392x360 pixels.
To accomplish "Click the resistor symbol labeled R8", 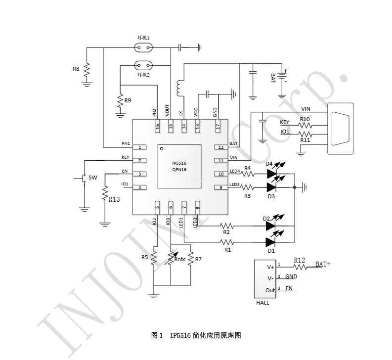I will [x=87, y=70].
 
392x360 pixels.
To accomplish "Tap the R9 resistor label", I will [x=128, y=100].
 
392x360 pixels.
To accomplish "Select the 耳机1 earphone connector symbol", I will [x=143, y=48].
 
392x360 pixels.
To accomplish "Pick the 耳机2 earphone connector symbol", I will [x=143, y=65].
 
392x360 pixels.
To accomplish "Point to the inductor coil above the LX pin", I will [x=179, y=88].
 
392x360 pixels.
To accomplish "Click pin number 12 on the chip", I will [x=221, y=147].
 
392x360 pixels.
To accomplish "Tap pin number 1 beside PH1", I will [x=140, y=147].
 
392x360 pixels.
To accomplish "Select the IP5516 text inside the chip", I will [x=179, y=163].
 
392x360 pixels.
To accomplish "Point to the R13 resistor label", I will [x=113, y=199].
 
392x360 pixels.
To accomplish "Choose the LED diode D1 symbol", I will [x=270, y=242].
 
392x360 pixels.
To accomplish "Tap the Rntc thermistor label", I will [x=180, y=259].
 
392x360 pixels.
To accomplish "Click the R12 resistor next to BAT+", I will [x=299, y=266].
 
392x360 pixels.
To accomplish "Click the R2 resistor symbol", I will [x=227, y=225].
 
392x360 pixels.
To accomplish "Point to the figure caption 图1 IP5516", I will [x=196, y=335].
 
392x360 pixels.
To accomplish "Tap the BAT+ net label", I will [x=323, y=264].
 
